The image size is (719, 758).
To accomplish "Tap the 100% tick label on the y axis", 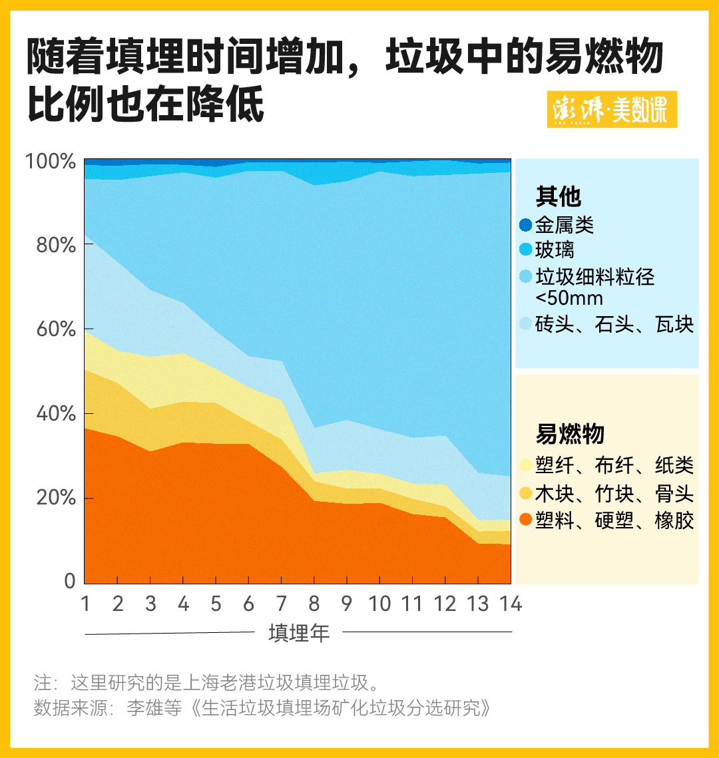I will tap(51, 162).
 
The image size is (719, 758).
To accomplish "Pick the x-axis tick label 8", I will tap(314, 604).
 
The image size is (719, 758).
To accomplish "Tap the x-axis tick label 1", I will tap(85, 604).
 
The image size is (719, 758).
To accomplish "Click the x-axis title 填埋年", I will tap(299, 632).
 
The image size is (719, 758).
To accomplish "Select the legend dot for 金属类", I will tap(526, 226).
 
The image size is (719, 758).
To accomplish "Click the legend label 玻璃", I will tap(555, 250).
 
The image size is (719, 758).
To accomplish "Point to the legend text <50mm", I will tap(569, 297).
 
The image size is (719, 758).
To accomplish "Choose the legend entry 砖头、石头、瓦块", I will tap(614, 324).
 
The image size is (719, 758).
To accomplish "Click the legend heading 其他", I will tap(559, 197).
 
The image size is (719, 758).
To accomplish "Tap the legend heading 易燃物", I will tap(570, 434).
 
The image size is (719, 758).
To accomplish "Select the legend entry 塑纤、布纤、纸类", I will tap(614, 465).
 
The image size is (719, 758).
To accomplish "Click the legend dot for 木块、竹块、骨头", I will tap(526, 494).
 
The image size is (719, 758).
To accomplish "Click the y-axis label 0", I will tap(69, 582).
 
